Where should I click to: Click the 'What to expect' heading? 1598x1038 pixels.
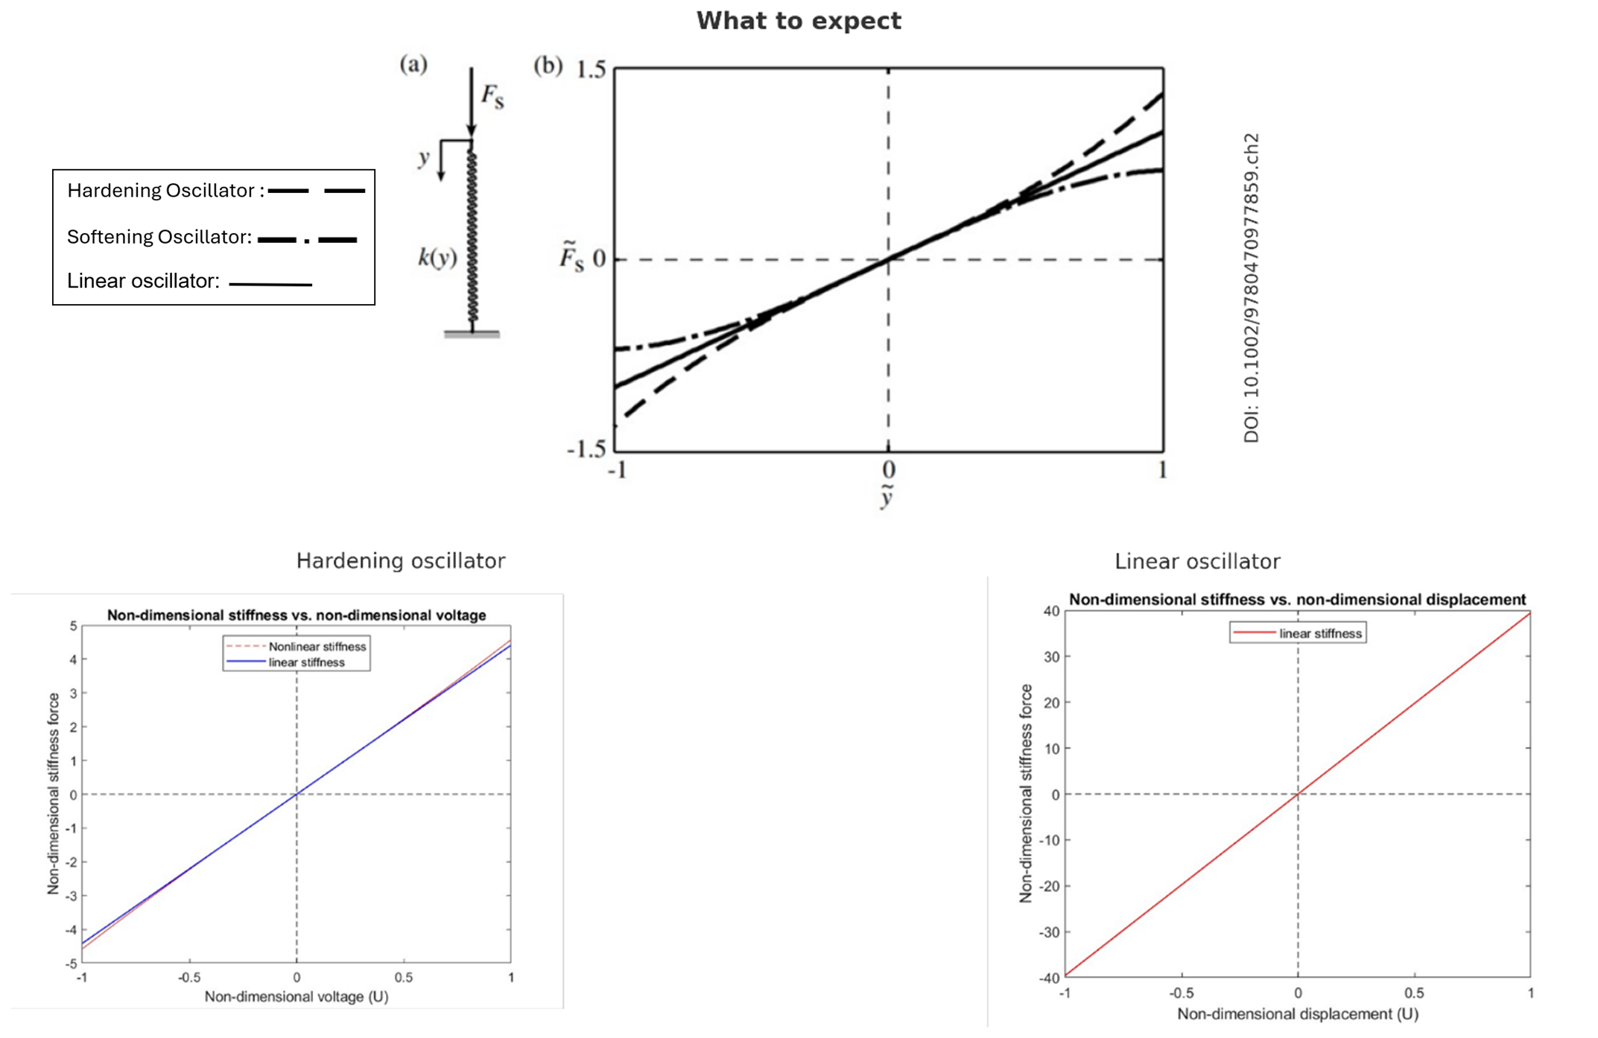click(x=799, y=21)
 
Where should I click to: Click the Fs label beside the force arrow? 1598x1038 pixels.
click(x=492, y=96)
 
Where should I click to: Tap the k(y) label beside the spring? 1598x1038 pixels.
click(x=437, y=258)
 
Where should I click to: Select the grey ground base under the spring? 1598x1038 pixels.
click(x=472, y=335)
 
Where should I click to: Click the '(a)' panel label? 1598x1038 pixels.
click(x=413, y=64)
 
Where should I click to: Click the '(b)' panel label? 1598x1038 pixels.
click(x=548, y=66)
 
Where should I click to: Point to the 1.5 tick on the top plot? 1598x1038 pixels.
click(x=592, y=70)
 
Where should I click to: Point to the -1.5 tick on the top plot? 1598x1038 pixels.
click(x=587, y=449)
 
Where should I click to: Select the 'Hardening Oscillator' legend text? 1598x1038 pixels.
click(x=162, y=191)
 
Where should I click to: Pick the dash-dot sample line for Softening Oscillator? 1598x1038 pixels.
click(x=307, y=239)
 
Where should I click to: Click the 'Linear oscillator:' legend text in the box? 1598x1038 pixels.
click(x=143, y=281)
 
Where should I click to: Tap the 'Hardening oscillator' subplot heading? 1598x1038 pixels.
click(x=401, y=561)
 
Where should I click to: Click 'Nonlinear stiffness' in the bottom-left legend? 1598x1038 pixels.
click(x=317, y=647)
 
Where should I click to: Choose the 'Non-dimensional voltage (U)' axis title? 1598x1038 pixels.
click(x=297, y=996)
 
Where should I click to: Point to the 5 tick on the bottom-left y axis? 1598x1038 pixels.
click(x=73, y=626)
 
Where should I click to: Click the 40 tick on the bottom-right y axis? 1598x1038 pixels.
click(x=1050, y=611)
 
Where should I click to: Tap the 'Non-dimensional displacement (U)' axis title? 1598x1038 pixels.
click(x=1297, y=1013)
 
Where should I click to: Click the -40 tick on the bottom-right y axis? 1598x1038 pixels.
click(x=1049, y=978)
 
